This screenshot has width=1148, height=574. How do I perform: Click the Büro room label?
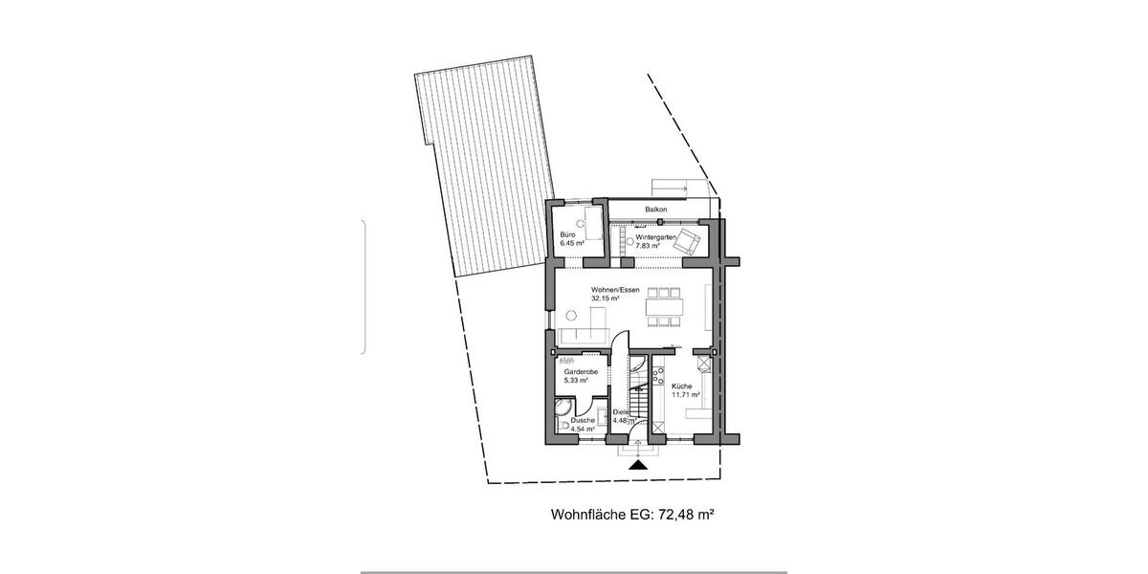(567, 235)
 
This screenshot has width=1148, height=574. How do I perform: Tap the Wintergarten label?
(656, 236)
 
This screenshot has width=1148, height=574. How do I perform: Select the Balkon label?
(655, 210)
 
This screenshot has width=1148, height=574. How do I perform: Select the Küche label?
(681, 386)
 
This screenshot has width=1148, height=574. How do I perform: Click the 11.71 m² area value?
(686, 394)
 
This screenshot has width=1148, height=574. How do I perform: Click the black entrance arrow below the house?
(639, 464)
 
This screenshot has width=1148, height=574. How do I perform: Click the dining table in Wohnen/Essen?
(664, 308)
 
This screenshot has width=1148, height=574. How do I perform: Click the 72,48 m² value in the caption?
(685, 515)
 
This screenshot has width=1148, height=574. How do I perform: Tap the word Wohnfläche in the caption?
(586, 515)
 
